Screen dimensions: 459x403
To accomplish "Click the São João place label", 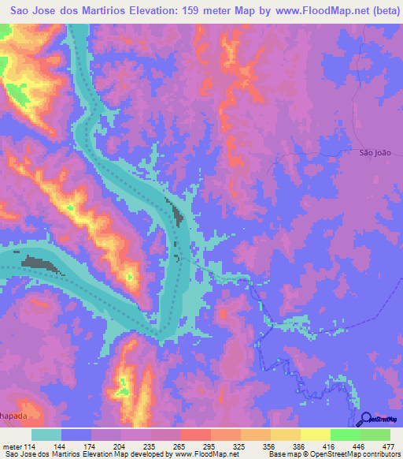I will tap(375, 155).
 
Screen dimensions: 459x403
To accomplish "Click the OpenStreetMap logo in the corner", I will tap(379, 419).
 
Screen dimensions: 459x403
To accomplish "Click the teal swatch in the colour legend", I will tap(46, 435).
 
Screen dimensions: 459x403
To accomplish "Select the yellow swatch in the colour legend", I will tap(315, 435).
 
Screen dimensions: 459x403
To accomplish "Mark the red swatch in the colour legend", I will tap(195, 435).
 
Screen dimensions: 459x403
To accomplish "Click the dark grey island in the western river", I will tap(43, 264).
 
